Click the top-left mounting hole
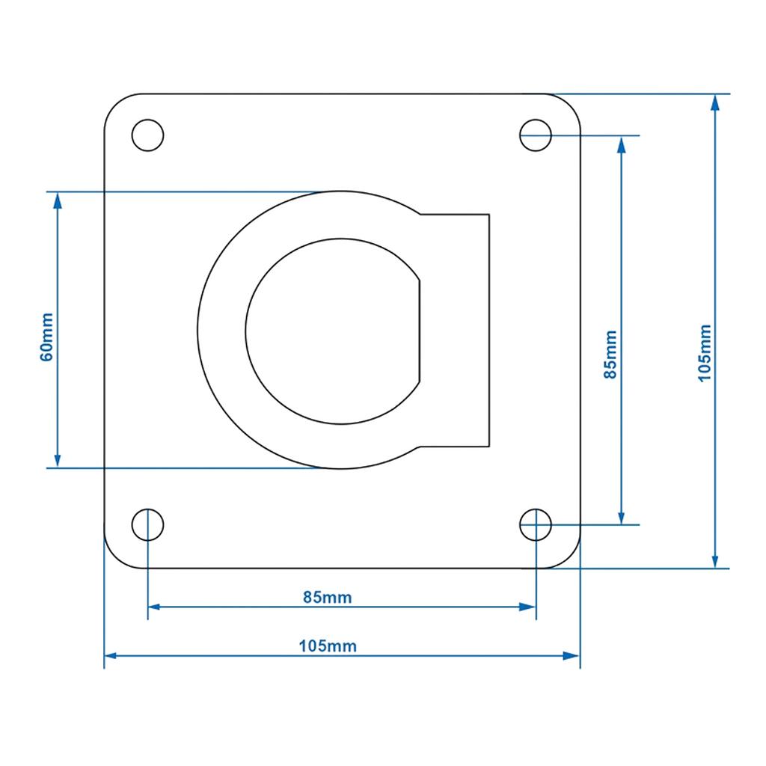coord(147,135)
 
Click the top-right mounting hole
coord(536,135)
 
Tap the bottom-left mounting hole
coord(147,524)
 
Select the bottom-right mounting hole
coord(536,524)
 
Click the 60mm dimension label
coord(46,337)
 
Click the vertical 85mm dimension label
coord(610,355)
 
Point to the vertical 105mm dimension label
coord(705,353)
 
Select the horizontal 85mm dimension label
coord(328,597)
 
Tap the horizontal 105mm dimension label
coord(328,646)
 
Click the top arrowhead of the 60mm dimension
coord(58,200)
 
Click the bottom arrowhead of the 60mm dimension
coord(58,459)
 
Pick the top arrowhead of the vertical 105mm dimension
coord(715,103)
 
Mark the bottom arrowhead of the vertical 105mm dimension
coord(715,560)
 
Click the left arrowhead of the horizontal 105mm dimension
coord(113,655)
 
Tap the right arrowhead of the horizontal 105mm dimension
coord(571,655)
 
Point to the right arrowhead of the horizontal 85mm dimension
coord(527,607)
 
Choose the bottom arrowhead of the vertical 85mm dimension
coord(622,516)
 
